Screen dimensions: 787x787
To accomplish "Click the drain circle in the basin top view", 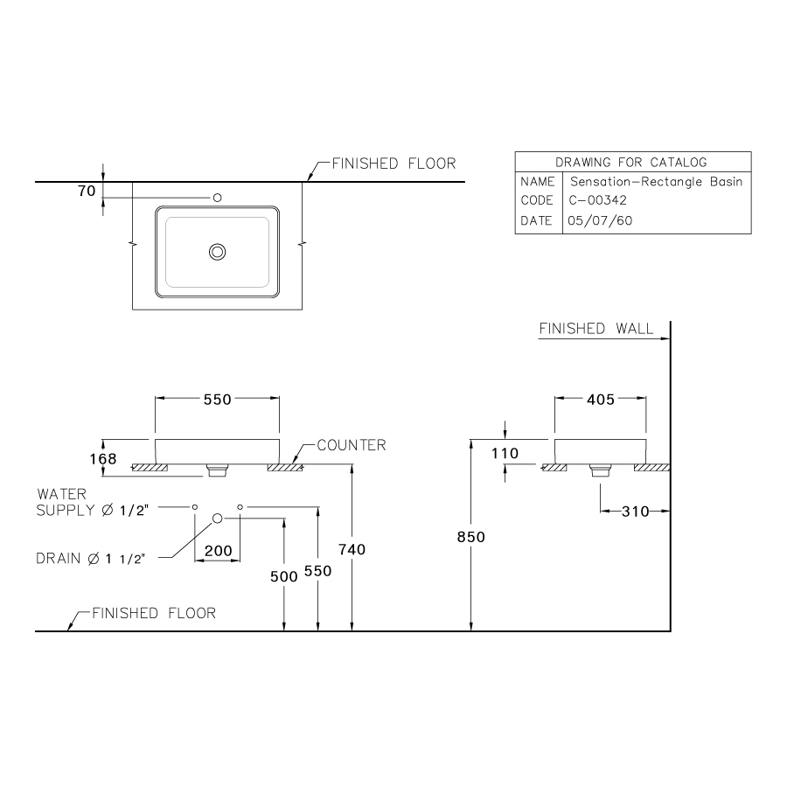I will pos(218,252).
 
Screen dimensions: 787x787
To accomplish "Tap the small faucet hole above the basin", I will pos(218,198).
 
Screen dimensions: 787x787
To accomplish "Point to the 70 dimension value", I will pos(86,192).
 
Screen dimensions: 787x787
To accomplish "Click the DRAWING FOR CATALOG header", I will pos(631,162).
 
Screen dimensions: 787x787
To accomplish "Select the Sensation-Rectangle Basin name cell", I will pos(656,182).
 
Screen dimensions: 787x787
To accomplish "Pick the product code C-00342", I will pos(597,200).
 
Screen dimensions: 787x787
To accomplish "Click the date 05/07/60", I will pos(600,221).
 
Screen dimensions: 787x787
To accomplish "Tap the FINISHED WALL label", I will pos(595,329).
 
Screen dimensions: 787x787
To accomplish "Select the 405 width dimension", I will pos(600,400).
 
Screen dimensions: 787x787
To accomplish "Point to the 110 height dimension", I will pos(505,453).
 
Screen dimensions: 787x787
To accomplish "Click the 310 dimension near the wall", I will pos(636,512).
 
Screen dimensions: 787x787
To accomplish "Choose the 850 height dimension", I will pos(470,538).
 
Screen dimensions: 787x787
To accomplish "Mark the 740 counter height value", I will pos(352,549).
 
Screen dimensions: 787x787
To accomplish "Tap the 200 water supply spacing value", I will pos(218,551).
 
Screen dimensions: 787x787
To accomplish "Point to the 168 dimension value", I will pos(102,458).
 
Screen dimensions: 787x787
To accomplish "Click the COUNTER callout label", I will pos(351,445).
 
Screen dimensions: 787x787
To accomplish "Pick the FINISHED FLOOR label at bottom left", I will pos(154,613).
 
